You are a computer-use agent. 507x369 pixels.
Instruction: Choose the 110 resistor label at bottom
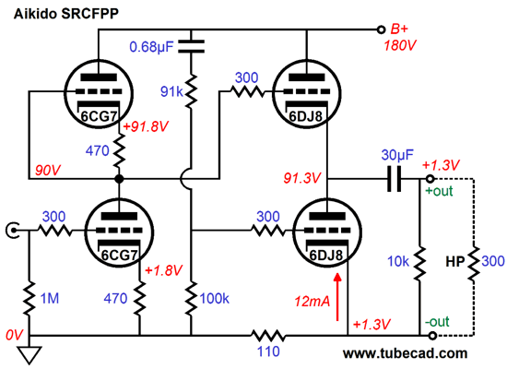point(268,351)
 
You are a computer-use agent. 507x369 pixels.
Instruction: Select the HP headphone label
point(453,261)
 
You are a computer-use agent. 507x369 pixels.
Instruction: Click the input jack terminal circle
point(13,229)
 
